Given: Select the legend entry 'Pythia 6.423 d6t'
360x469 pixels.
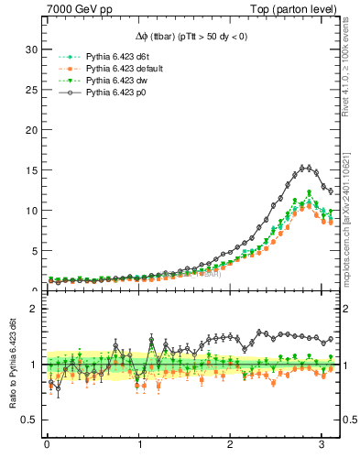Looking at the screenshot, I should (x=123, y=57).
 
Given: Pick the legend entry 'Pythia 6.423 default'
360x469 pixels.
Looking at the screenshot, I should (x=129, y=69).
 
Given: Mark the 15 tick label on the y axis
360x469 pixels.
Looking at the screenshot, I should (x=31, y=170).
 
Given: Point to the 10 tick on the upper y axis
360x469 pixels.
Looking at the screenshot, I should (x=31, y=211).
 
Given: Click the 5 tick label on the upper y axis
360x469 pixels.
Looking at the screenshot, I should (x=34, y=250).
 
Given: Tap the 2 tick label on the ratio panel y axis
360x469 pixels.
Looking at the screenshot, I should (x=34, y=310).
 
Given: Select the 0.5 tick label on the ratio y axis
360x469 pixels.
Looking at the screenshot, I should (x=29, y=420).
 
